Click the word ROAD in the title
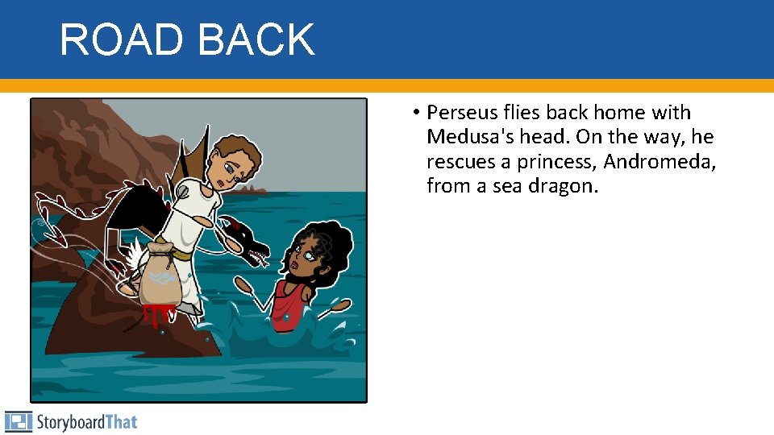coord(120,39)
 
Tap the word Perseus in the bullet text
coord(460,113)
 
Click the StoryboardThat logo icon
coord(18,421)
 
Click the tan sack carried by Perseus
coord(162,274)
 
